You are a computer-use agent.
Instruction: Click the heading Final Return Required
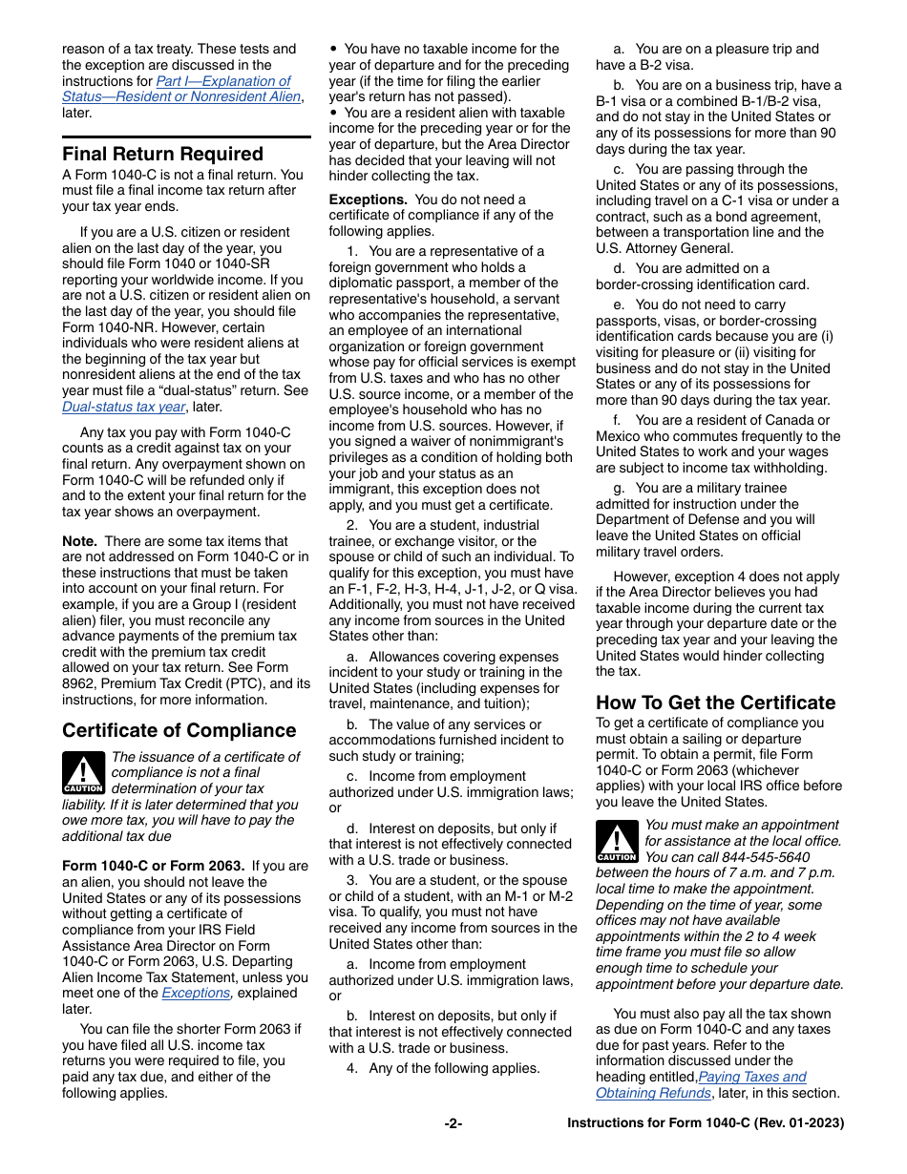click(x=162, y=154)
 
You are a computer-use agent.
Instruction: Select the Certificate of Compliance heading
click(x=179, y=730)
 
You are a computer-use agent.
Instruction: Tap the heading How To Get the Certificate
click(x=715, y=702)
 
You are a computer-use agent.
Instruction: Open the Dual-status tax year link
click(x=123, y=406)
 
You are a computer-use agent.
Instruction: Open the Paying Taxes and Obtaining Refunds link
click(x=701, y=1085)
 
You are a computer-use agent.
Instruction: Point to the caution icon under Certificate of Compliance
click(x=83, y=774)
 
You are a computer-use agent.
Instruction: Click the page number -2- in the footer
click(x=453, y=1123)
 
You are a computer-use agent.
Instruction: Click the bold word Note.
click(x=79, y=541)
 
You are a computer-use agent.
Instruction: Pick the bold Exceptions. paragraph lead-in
click(x=368, y=199)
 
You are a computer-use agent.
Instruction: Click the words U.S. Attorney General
click(x=651, y=248)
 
